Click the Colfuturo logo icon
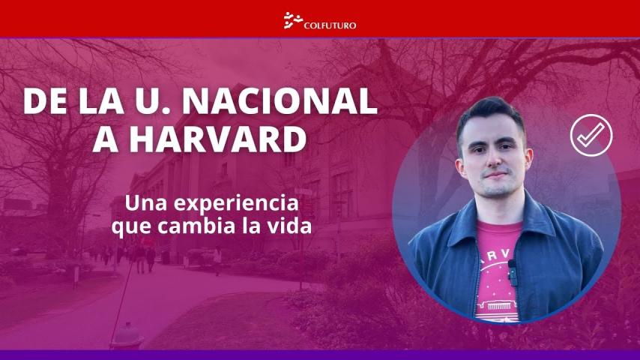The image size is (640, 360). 293,20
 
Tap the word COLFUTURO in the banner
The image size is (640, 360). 330,25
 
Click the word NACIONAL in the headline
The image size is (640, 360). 280,101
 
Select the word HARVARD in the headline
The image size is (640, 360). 217,139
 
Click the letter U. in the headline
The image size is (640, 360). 153,101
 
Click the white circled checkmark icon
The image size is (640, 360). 591,135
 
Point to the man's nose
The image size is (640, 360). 495,160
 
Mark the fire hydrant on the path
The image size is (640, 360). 127,334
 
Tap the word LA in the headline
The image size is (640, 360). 101,101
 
